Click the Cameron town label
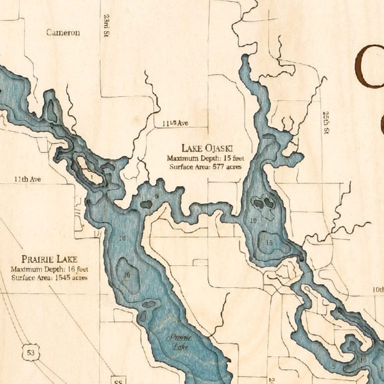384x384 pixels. click(63, 32)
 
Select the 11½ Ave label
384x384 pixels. click(175, 123)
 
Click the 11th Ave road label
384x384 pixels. click(27, 178)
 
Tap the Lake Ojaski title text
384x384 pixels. click(205, 148)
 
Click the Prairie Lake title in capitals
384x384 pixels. click(49, 259)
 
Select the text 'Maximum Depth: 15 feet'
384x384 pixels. click(205, 158)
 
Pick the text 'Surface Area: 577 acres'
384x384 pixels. click(205, 166)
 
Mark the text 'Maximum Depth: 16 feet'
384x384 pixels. click(49, 269)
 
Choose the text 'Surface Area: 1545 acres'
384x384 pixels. click(49, 277)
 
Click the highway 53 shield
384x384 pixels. click(31, 353)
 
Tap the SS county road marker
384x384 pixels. click(118, 378)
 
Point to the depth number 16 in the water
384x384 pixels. click(127, 275)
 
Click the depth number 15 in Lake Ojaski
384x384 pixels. click(269, 242)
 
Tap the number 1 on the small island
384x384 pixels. click(91, 176)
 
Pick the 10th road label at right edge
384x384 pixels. click(377, 290)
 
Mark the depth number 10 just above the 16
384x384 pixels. click(122, 238)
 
